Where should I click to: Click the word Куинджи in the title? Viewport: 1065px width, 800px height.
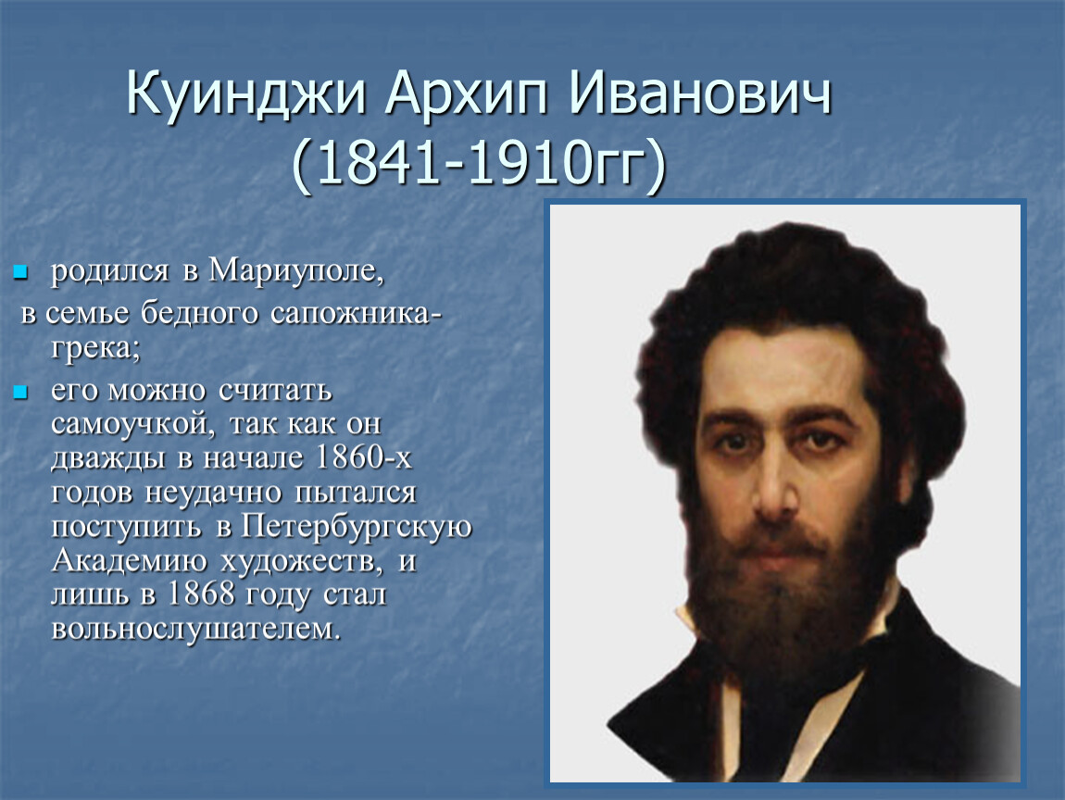(245, 94)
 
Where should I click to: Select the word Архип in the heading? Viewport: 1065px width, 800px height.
(466, 94)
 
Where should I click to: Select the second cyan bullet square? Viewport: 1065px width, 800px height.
(20, 393)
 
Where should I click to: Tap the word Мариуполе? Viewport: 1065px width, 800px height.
(296, 271)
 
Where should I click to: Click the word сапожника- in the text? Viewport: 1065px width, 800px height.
(356, 315)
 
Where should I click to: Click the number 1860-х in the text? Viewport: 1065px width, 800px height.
(364, 457)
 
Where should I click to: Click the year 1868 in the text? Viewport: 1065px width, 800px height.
(201, 594)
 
